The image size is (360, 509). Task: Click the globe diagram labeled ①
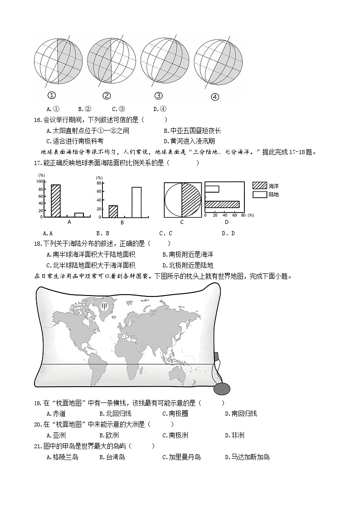(58, 61)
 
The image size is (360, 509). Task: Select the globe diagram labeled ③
(165, 61)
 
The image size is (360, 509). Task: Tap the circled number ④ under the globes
(215, 97)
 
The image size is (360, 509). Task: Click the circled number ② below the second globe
(107, 96)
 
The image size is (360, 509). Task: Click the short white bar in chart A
(79, 215)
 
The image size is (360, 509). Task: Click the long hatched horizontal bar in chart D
(222, 204)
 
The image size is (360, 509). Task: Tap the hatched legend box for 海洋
(259, 185)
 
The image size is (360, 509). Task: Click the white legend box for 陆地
(259, 194)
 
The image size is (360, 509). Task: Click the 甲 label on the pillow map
(104, 306)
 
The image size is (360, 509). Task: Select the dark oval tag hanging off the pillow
(222, 389)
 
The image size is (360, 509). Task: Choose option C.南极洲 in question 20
(175, 436)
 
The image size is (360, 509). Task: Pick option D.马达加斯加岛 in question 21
(247, 457)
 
